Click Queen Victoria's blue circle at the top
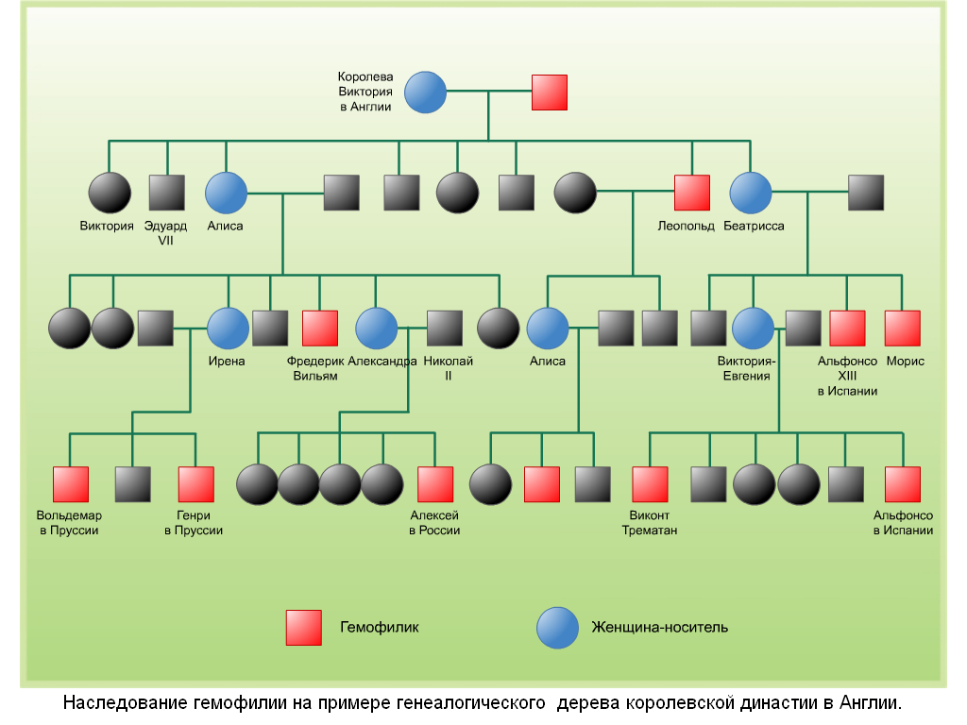(425, 93)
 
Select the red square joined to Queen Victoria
(549, 93)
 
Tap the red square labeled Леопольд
(691, 193)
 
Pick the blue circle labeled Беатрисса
(751, 193)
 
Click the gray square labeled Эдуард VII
(167, 193)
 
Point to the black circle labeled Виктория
(110, 193)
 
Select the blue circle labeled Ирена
(227, 328)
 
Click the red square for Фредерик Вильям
(319, 328)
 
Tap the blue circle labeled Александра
(376, 328)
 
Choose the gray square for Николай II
(444, 328)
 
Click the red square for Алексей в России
(434, 484)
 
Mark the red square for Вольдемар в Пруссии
(70, 484)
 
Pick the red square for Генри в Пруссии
(195, 484)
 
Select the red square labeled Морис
(902, 328)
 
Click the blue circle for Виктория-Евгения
(753, 328)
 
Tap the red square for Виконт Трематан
(650, 484)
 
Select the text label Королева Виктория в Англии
(365, 92)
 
